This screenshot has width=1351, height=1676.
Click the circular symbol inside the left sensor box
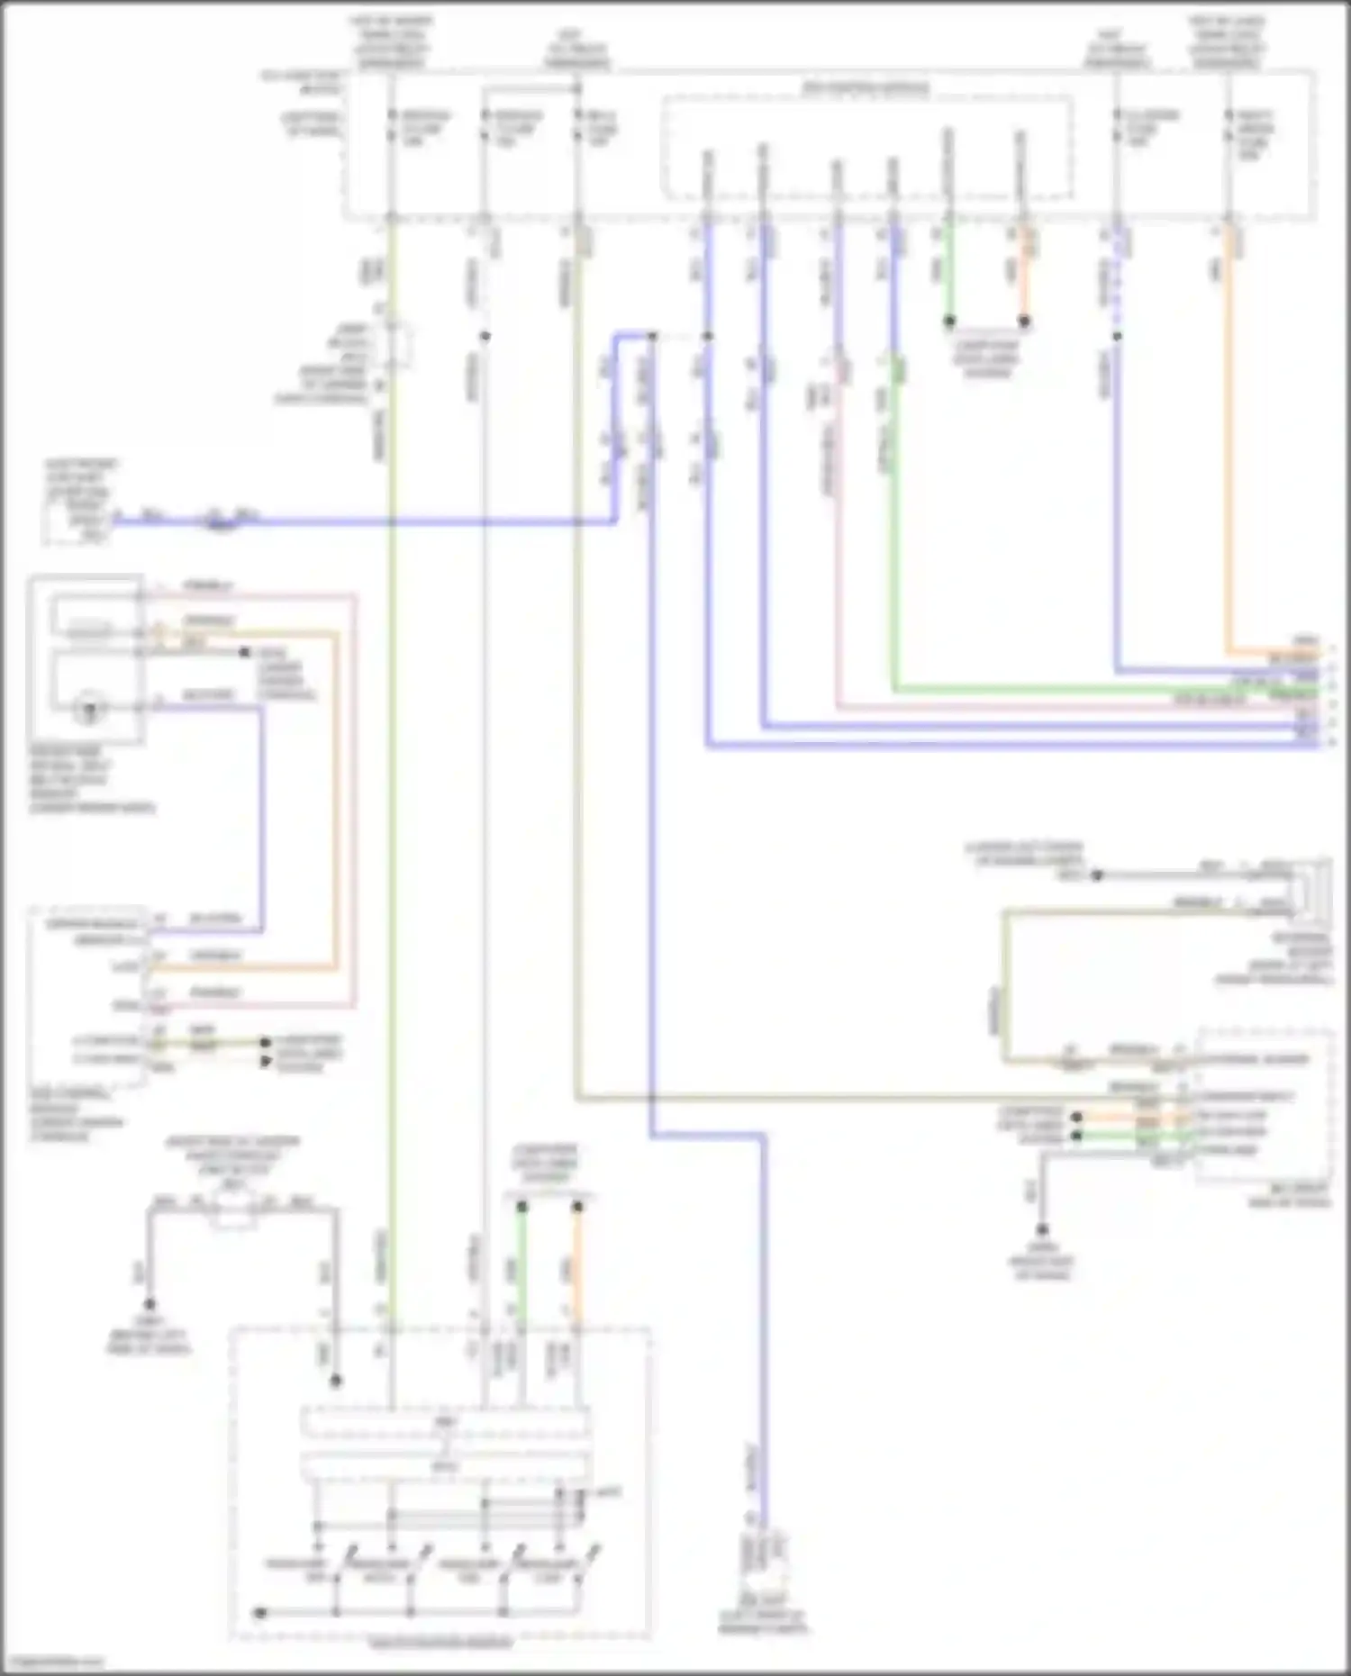[x=90, y=709]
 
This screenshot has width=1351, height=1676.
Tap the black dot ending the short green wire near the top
[x=948, y=321]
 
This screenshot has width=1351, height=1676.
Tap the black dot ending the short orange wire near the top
[x=1024, y=321]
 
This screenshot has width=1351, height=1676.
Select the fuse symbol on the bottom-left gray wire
[x=233, y=1211]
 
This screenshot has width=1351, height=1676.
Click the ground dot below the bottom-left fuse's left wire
[x=150, y=1304]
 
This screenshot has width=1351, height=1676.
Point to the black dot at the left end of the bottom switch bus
[x=259, y=1612]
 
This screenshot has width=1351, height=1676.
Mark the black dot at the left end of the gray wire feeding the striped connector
[x=1097, y=874]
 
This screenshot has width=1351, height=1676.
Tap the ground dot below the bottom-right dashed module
[x=1042, y=1229]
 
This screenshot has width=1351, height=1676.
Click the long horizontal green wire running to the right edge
[x=1081, y=691]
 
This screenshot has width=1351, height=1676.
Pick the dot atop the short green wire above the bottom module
[x=521, y=1206]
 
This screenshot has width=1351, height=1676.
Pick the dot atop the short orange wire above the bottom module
[x=578, y=1206]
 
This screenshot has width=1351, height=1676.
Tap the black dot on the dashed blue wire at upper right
[x=1117, y=336]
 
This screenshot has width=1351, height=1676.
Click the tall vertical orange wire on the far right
[x=1228, y=432]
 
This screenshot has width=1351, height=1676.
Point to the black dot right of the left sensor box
[x=244, y=652]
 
